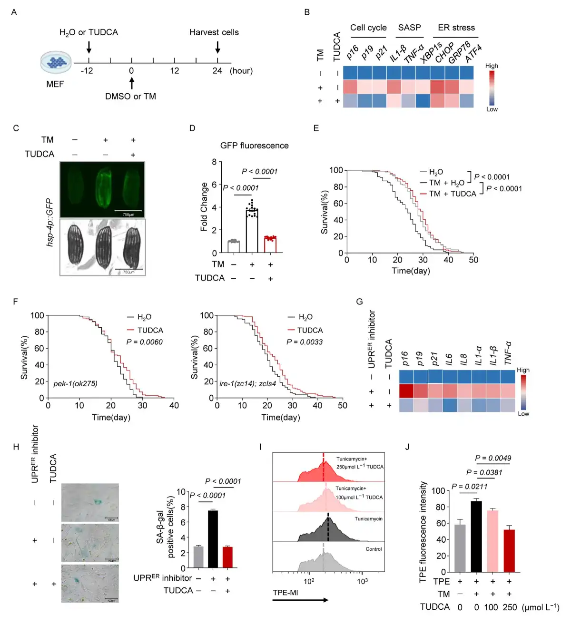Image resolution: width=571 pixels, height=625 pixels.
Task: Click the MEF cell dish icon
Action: click(x=56, y=62)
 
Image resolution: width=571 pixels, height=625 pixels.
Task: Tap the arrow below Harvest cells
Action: click(x=217, y=47)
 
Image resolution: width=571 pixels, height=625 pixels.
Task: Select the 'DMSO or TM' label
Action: click(x=130, y=97)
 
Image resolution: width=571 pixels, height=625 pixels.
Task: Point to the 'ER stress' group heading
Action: click(x=456, y=28)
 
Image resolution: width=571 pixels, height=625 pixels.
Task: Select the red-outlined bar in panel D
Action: click(x=270, y=244)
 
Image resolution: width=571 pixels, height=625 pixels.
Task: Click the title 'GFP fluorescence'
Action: click(x=254, y=146)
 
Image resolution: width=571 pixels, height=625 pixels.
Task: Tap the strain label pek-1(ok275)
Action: click(x=75, y=383)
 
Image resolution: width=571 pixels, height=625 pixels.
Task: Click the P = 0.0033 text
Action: click(x=305, y=342)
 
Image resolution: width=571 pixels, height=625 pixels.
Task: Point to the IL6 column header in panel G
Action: click(x=449, y=359)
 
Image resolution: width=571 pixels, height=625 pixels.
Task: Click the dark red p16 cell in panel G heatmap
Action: click(x=406, y=391)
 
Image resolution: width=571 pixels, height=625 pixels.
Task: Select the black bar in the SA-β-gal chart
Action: click(x=213, y=539)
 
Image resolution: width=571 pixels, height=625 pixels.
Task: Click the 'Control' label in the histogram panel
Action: click(x=374, y=549)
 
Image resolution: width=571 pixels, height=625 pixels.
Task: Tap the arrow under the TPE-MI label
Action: click(x=300, y=600)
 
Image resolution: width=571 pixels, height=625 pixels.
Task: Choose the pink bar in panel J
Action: click(x=492, y=541)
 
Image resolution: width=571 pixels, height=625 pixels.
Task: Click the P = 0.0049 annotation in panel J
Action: click(x=493, y=458)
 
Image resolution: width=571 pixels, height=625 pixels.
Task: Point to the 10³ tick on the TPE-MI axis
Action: click(x=362, y=581)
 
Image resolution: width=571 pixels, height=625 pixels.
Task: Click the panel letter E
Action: click(x=316, y=128)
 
